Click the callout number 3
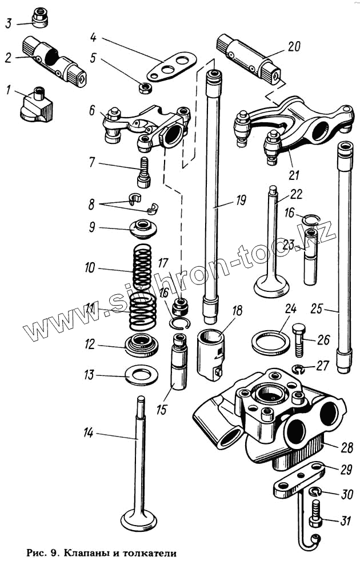9,23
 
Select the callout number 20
294,48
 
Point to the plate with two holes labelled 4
171,68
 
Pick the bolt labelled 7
143,172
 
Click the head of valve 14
139,520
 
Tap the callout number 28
345,447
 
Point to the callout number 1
8,89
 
